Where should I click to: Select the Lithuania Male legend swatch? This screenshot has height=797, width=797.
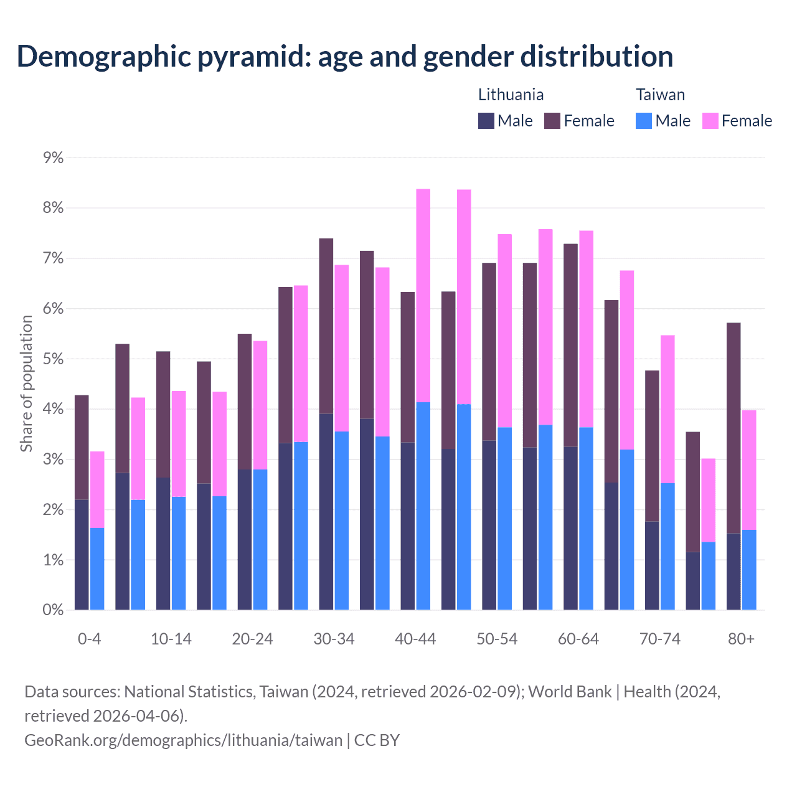point(486,121)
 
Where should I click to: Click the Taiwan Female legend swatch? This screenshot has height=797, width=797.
point(710,121)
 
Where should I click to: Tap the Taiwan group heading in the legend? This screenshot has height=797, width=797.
point(660,95)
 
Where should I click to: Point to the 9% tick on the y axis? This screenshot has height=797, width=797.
point(53,158)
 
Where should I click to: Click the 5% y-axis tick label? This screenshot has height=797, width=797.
point(53,359)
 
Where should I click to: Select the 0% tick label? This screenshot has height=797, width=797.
point(53,610)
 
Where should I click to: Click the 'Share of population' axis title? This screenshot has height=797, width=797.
point(26,383)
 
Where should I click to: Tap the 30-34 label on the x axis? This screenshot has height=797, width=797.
point(334,639)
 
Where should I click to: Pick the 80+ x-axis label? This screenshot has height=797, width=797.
point(741,639)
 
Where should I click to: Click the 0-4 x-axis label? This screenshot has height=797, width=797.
point(89,639)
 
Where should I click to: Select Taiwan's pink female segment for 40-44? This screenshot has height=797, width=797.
point(423,296)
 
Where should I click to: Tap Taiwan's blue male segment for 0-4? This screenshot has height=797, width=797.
point(97,569)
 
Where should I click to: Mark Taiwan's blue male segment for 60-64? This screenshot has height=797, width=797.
point(587,519)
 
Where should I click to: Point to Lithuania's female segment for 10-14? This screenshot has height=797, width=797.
point(163,415)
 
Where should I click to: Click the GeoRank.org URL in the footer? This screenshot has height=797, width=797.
point(183,740)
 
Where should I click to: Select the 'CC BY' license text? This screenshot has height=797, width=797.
point(377,740)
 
